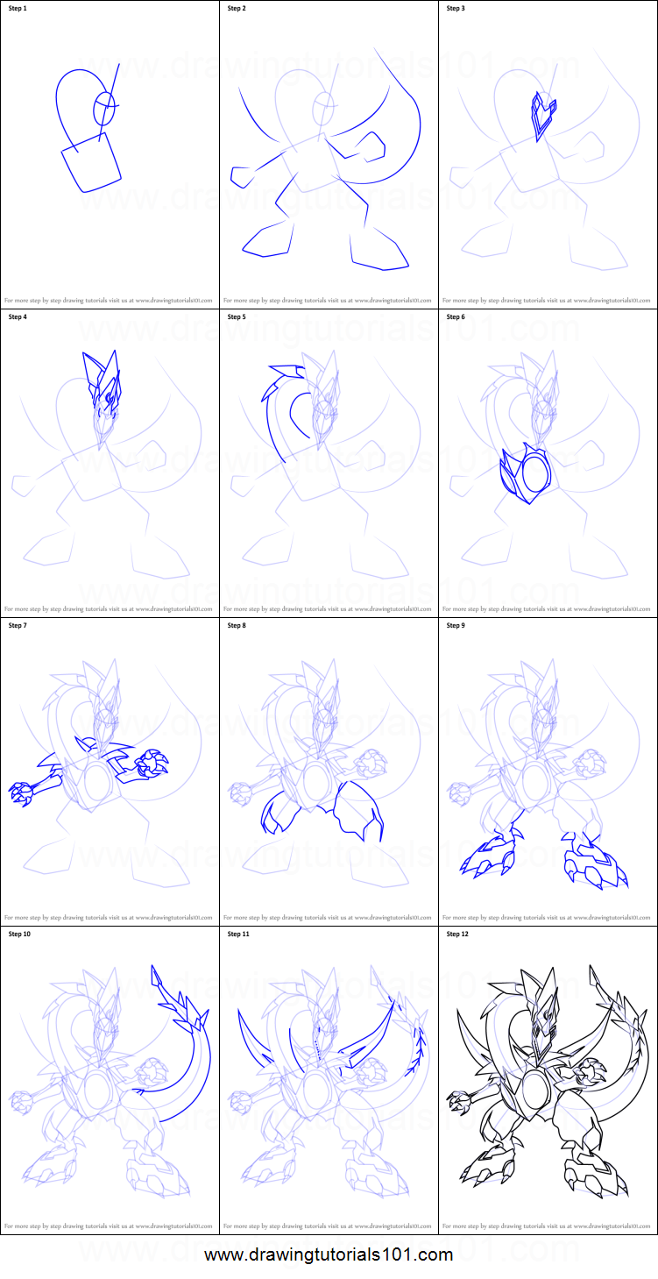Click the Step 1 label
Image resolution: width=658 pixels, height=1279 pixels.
tap(18, 9)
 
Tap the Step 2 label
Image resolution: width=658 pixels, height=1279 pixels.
tap(237, 9)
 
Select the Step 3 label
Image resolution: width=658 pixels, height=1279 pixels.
tap(456, 9)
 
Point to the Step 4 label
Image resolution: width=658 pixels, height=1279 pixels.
tap(18, 317)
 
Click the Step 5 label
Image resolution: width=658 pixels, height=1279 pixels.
tap(237, 317)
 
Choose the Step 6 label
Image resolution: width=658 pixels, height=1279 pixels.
tap(456, 317)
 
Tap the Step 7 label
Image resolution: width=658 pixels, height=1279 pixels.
tap(18, 626)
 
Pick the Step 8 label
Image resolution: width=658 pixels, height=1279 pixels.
tap(237, 626)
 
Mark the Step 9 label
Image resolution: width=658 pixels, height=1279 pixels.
tap(456, 626)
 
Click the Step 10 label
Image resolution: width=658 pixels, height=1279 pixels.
tap(20, 934)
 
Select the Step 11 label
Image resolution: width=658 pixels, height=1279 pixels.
tap(238, 934)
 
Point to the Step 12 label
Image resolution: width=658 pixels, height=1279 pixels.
tap(457, 934)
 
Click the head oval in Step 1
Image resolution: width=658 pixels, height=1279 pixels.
tap(104, 110)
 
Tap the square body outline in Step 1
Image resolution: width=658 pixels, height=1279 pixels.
tap(91, 163)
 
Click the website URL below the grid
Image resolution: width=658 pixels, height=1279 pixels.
tap(329, 1255)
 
